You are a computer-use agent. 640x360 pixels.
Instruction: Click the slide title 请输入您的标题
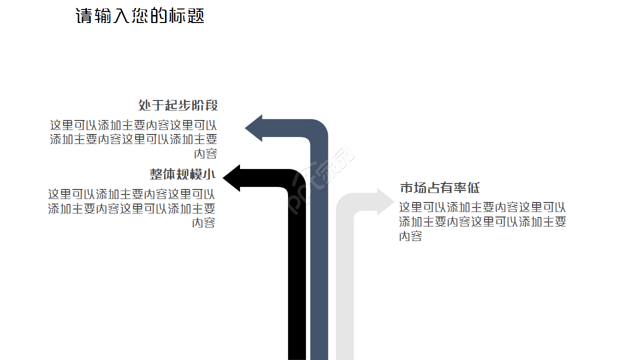[140, 15]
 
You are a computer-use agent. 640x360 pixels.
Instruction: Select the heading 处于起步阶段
[178, 105]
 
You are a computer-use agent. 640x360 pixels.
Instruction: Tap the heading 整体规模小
[182, 174]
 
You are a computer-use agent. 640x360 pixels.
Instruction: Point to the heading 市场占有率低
[439, 188]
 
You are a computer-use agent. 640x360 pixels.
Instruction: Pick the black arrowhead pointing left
[231, 178]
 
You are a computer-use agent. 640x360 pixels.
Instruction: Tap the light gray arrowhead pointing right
[385, 202]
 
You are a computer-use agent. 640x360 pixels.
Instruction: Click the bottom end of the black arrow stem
[297, 359]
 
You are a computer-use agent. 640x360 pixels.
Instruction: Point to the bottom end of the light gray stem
[345, 359]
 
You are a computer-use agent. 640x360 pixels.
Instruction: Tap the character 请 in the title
[84, 15]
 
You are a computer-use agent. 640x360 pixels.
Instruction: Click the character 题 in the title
[196, 15]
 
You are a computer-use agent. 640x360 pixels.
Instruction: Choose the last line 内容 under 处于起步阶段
[205, 153]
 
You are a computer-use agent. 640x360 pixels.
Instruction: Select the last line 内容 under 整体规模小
[203, 223]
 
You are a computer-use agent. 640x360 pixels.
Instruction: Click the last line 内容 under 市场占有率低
[410, 236]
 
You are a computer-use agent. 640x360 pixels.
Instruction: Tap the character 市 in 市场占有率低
[406, 188]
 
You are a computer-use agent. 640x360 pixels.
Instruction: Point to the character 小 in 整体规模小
[209, 174]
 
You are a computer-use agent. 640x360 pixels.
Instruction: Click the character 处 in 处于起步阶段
[145, 105]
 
